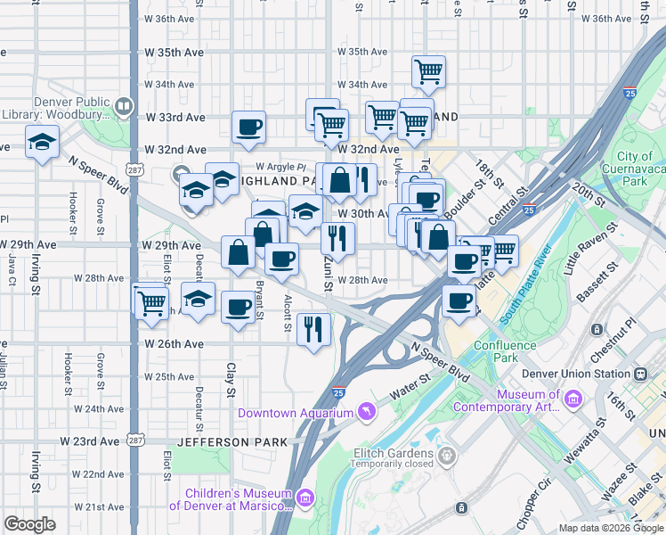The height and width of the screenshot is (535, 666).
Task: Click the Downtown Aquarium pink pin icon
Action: (x=365, y=411)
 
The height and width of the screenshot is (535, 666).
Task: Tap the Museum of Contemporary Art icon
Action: (x=572, y=399)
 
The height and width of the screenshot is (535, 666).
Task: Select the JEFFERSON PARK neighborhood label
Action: (x=232, y=442)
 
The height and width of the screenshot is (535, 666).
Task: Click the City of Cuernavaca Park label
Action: (x=634, y=169)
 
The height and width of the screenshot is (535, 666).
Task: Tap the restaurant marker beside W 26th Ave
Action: (x=313, y=329)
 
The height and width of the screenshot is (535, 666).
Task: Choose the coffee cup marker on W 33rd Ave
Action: (x=249, y=127)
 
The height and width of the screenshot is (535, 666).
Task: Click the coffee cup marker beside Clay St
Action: (x=238, y=308)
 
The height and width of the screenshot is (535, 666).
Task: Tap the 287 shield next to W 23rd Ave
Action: (x=134, y=440)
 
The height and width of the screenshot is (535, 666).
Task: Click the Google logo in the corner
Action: (x=30, y=524)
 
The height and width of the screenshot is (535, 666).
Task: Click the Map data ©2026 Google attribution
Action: (x=610, y=528)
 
